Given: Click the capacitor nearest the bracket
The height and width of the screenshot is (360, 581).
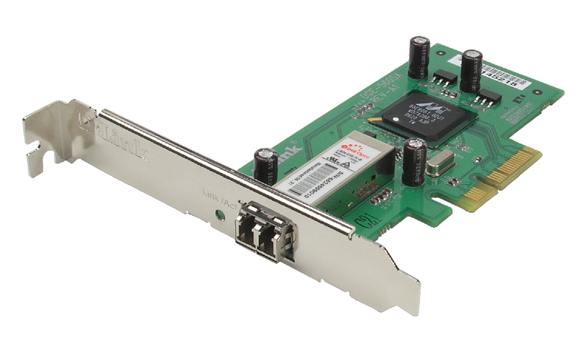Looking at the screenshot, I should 263,165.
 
